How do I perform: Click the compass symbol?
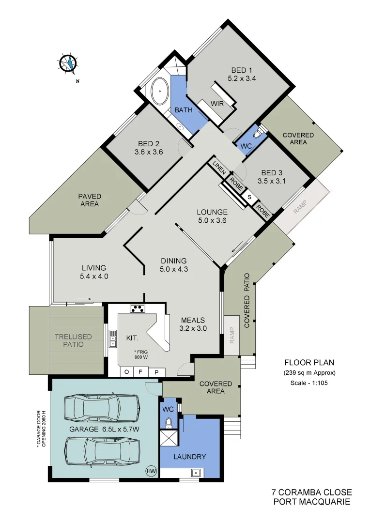[x=69, y=63]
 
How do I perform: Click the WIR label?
[x=216, y=103]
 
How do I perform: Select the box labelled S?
[x=250, y=197]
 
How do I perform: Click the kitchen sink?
[x=113, y=338]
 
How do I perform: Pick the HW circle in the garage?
[x=151, y=470]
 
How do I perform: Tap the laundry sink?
[x=196, y=473]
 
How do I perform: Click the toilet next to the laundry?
[x=169, y=423]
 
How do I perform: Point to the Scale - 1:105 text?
[x=309, y=383]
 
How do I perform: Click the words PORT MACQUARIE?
[x=311, y=502]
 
